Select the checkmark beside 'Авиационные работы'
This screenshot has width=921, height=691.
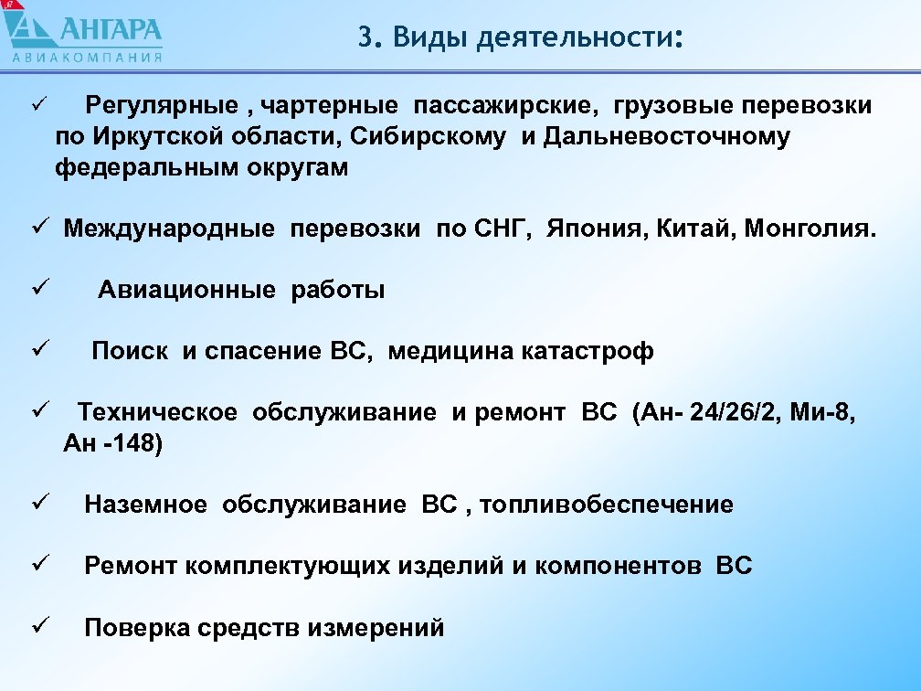pyautogui.click(x=37, y=290)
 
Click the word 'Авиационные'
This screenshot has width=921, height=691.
pyautogui.click(x=185, y=291)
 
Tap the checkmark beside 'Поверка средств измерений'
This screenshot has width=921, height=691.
pyautogui.click(x=37, y=627)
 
